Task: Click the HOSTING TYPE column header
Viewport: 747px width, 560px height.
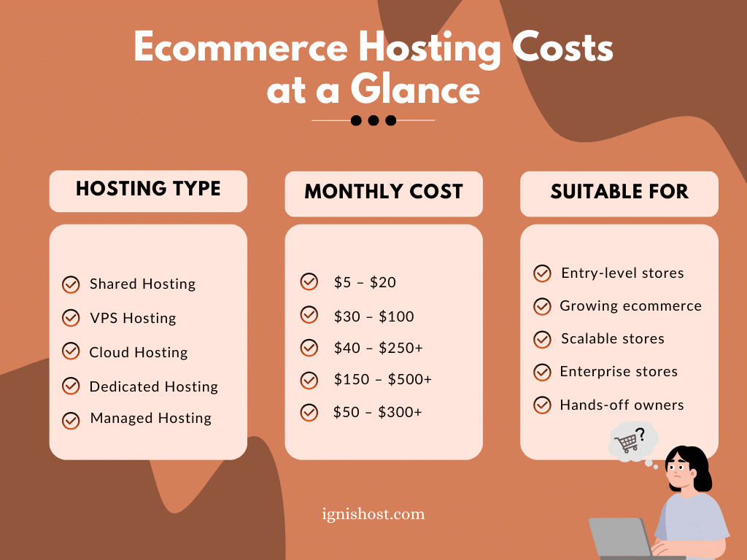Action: (148, 189)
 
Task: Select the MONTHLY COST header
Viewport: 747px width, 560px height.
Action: (384, 192)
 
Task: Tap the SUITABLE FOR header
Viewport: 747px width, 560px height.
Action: (619, 192)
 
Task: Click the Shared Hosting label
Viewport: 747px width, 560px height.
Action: (142, 284)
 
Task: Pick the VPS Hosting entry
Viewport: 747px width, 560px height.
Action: (133, 318)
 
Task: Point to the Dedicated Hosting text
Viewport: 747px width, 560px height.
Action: (153, 386)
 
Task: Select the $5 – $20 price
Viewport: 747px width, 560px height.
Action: (365, 282)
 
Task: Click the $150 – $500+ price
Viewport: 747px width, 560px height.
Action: (382, 380)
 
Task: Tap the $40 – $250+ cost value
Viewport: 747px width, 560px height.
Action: (378, 348)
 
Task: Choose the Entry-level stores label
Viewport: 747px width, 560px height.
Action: (622, 273)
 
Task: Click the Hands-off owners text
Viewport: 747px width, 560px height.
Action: (622, 405)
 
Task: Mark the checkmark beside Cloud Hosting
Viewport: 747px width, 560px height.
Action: (71, 351)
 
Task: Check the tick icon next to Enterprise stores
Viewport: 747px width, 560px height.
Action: (542, 372)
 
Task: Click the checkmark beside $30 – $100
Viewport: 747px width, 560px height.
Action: (309, 315)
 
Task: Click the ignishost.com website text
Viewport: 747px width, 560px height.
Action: (373, 514)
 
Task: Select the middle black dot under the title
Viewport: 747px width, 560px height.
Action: (373, 120)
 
